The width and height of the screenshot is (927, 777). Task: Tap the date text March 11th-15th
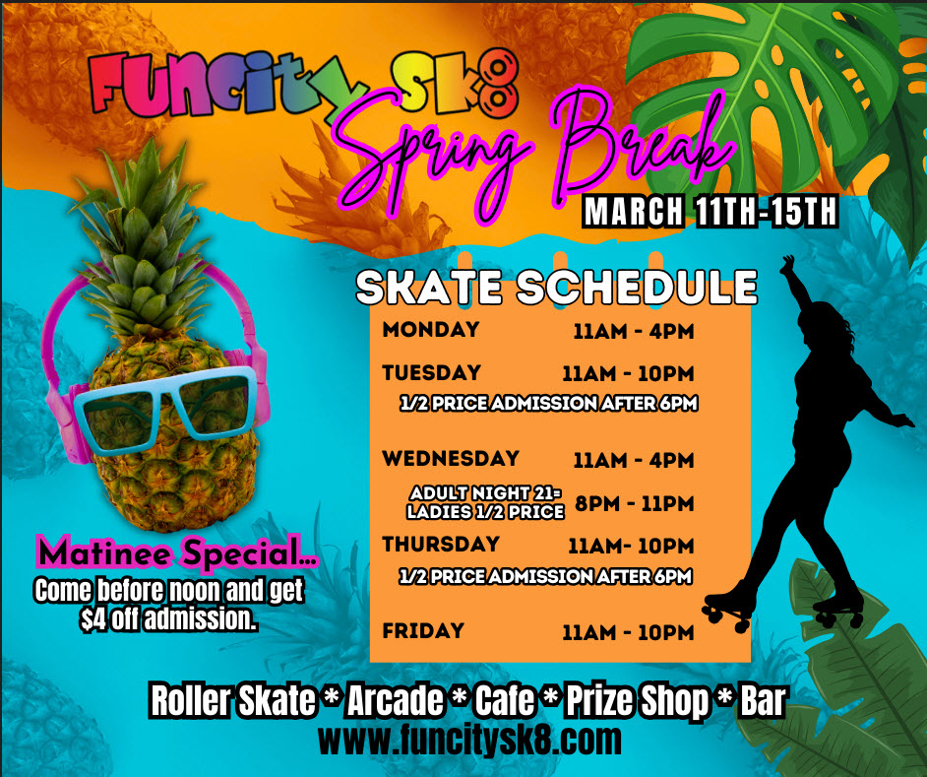point(711,212)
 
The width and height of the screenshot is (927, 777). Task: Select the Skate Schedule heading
point(556,288)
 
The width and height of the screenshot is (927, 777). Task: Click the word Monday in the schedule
point(431,329)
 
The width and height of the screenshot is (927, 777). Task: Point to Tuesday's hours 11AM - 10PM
point(628,373)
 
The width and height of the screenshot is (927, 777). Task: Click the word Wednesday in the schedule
point(451,458)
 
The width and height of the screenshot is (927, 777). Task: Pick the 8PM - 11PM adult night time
point(635,503)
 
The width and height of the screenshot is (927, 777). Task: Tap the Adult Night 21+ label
point(485,493)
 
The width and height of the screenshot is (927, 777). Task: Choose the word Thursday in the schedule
point(441,544)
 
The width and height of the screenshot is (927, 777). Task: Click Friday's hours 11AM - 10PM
point(628,632)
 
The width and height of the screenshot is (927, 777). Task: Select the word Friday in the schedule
point(423,630)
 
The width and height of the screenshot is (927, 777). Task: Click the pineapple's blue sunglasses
point(166,410)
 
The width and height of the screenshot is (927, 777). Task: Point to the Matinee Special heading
point(177,553)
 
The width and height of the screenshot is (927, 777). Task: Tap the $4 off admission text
point(168,619)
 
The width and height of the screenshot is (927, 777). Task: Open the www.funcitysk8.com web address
point(470,741)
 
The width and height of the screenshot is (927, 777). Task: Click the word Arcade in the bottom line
point(395,700)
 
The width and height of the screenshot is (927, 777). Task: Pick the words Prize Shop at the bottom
point(638,701)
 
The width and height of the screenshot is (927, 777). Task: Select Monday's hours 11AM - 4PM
point(634,331)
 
